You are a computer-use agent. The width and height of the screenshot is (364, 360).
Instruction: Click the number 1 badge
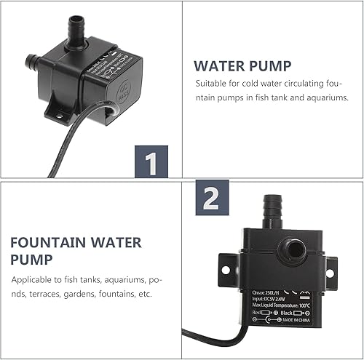152,161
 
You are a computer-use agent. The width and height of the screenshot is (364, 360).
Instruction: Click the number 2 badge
210,198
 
